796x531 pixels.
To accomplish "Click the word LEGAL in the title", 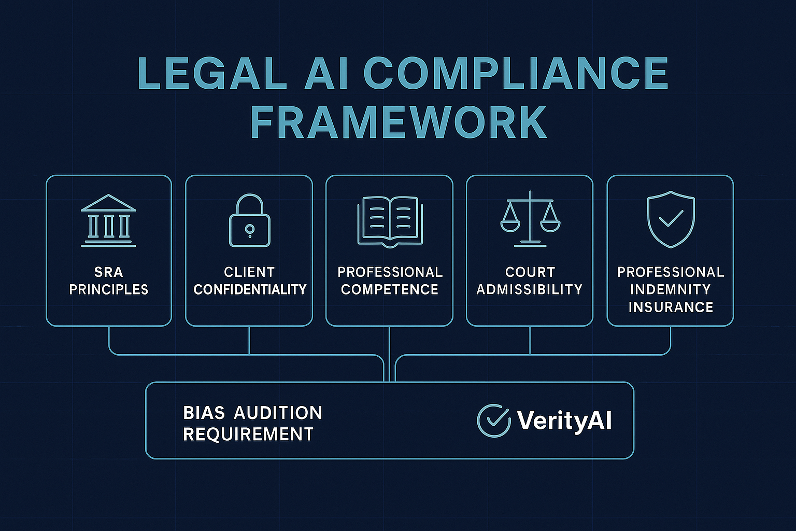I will [212, 73].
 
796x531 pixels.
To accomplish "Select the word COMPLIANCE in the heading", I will [518, 73].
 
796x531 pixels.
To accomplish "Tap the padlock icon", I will [249, 220].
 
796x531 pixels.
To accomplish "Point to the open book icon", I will [390, 220].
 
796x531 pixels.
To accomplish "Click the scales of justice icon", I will [530, 219].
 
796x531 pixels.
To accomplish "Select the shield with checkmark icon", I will [671, 219].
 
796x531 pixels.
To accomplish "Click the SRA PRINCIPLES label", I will [109, 281].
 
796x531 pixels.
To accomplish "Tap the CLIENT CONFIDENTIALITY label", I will [250, 281].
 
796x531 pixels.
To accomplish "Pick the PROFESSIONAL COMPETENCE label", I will [390, 281].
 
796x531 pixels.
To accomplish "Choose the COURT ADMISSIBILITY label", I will [530, 281].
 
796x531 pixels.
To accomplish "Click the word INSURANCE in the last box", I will [671, 307].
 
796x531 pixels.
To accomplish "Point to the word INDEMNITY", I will [671, 289].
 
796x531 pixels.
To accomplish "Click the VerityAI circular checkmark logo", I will [493, 420].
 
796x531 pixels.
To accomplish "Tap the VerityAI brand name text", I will [564, 420].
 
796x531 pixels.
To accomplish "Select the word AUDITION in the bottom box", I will [278, 413].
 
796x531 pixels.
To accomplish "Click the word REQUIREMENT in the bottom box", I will [248, 434].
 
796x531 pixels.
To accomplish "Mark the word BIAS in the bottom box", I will [204, 413].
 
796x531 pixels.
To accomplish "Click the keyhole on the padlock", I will [249, 229].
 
